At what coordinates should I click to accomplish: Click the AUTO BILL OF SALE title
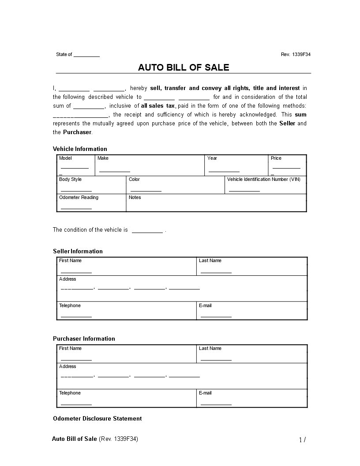coord(184,68)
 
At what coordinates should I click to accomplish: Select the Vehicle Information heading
coord(80,149)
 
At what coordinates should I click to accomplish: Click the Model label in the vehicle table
coord(65,158)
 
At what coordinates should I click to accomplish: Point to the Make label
coord(103,158)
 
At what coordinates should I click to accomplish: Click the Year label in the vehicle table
coord(212,158)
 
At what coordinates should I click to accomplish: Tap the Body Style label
coord(70,179)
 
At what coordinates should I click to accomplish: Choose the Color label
coord(134,179)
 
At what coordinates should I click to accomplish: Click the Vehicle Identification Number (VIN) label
coord(263,179)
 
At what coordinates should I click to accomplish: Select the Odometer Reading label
coord(79,197)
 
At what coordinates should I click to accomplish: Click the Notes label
coord(135,197)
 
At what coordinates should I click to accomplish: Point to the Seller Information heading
coord(78,251)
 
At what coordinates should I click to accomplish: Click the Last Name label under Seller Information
coord(210,260)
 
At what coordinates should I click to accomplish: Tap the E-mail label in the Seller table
coord(205,305)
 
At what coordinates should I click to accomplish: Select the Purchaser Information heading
coord(84,338)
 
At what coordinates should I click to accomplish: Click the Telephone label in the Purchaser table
coord(70,393)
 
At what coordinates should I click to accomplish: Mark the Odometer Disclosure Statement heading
coord(97,418)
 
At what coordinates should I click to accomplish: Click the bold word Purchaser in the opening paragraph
coord(77,132)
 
